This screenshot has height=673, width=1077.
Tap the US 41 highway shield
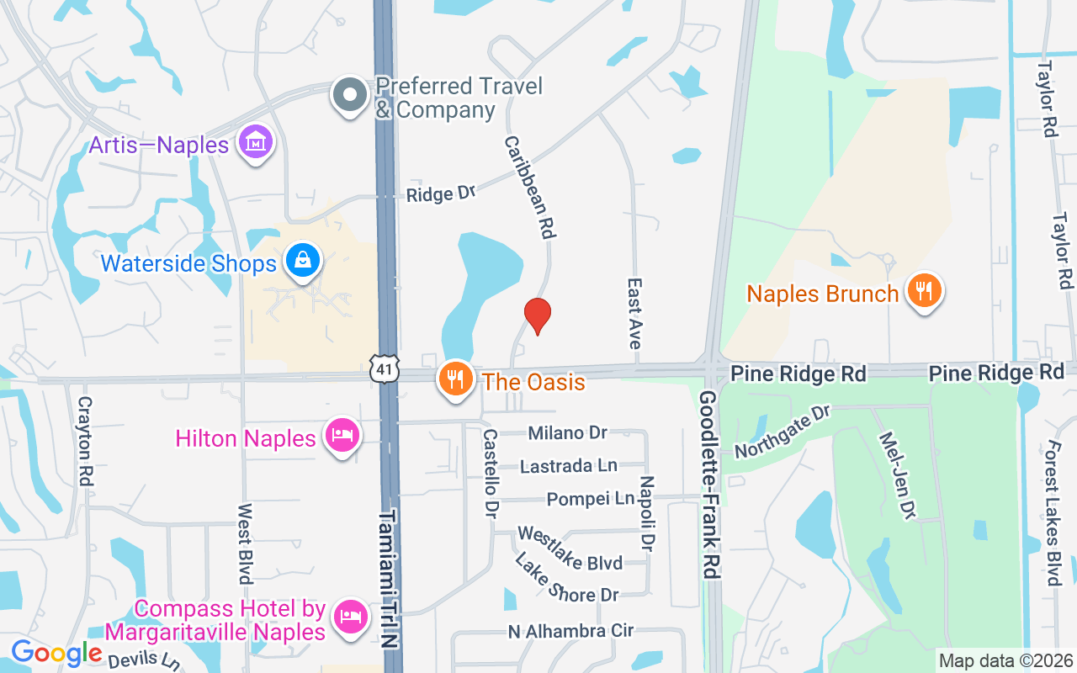(x=383, y=367)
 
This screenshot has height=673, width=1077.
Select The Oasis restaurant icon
(x=455, y=379)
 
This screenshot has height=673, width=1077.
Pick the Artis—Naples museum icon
(x=254, y=143)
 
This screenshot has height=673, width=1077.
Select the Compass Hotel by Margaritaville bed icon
(x=351, y=617)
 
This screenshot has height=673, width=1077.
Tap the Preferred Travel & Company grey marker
(x=349, y=96)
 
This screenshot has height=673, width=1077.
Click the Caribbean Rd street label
(x=531, y=187)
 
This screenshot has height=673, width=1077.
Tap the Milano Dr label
(x=567, y=433)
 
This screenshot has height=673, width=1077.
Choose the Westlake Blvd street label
(x=570, y=548)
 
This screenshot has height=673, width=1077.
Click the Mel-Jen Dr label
(x=899, y=475)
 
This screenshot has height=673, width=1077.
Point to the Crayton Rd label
(x=84, y=442)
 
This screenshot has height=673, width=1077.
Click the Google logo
(x=56, y=653)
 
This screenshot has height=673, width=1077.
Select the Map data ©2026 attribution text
(x=1006, y=660)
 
